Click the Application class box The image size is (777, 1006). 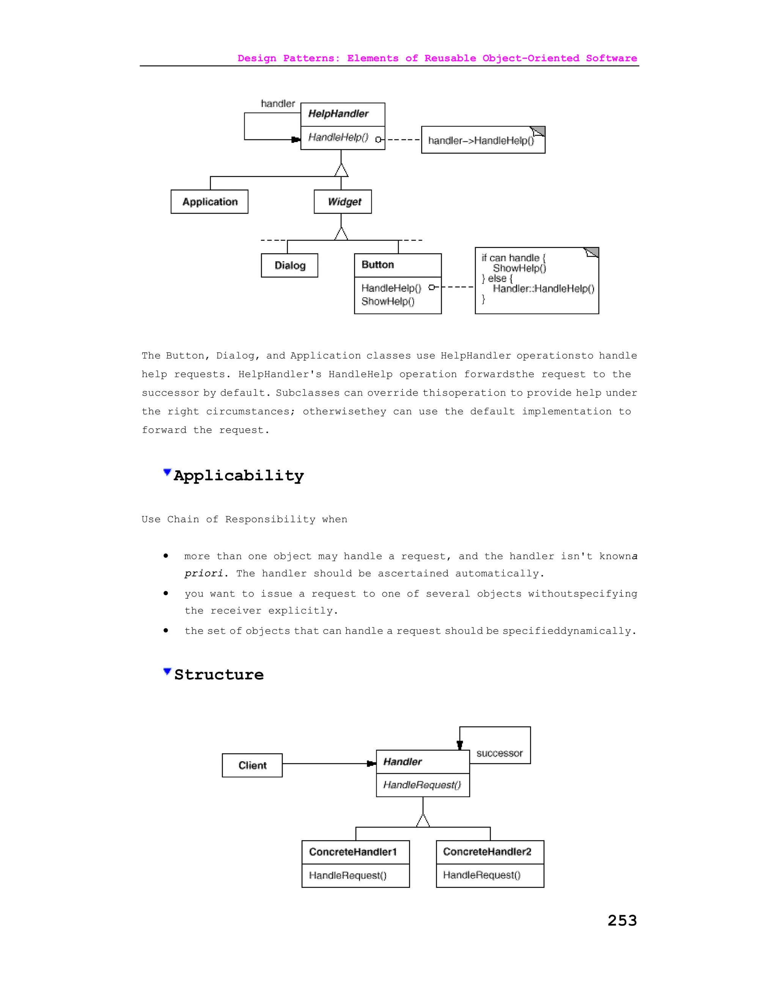tap(209, 202)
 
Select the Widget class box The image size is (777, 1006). tap(343, 202)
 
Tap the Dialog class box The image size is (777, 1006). tap(289, 265)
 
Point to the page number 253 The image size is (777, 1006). tap(622, 920)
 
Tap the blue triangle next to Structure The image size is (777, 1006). tap(167, 671)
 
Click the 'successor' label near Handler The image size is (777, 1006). tap(499, 753)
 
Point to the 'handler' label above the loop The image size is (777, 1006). tap(278, 104)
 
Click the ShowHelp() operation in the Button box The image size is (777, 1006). tap(388, 301)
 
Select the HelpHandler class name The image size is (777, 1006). tap(338, 114)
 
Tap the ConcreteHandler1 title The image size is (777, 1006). tap(352, 852)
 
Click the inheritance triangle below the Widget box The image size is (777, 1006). tap(341, 234)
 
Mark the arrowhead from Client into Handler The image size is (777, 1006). tap(371, 764)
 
